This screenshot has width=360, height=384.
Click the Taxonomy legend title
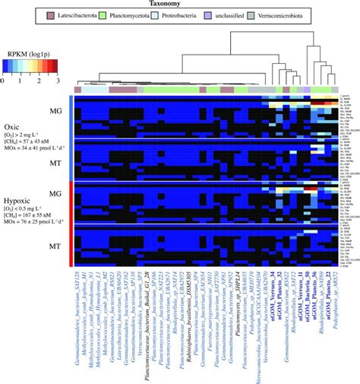pyautogui.click(x=179, y=4)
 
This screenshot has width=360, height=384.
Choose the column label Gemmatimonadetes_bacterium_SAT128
pyautogui.click(x=77, y=319)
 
